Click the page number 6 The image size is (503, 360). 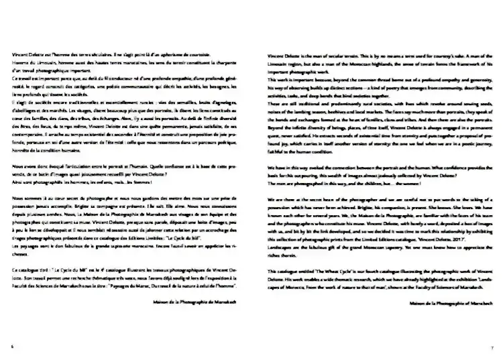11,347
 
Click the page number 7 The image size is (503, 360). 492,347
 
